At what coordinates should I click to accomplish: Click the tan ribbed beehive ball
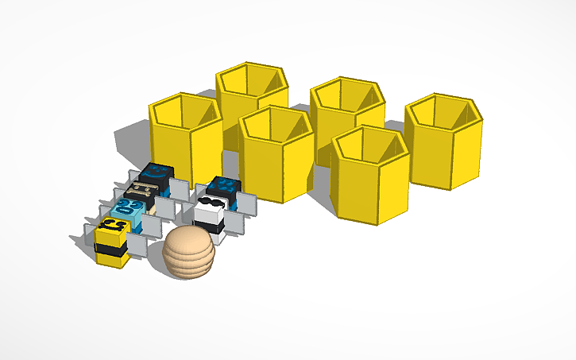[188, 253]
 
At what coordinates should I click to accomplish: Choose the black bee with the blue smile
[155, 177]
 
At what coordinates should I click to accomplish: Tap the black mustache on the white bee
[210, 204]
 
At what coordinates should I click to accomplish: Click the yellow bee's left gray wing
[89, 231]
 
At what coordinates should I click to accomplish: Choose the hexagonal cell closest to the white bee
[275, 155]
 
